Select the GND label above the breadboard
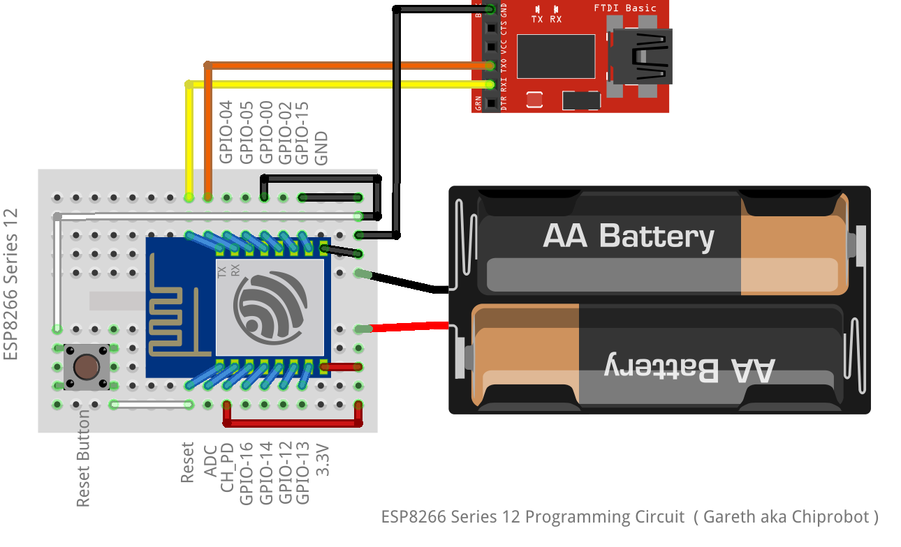pos(321,148)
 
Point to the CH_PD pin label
pos(226,467)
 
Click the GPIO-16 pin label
pos(246,473)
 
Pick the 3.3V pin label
pos(322,460)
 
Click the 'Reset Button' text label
pos(83,458)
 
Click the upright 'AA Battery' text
pos(628,236)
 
